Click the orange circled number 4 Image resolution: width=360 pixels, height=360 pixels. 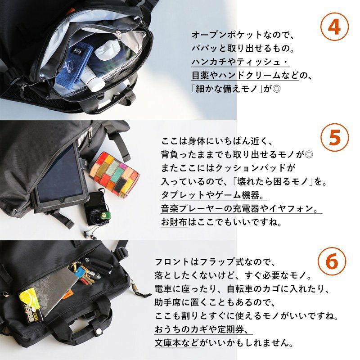(x=334, y=27)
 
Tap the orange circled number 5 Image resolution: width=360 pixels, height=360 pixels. (x=334, y=137)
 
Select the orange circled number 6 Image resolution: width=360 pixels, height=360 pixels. (x=332, y=261)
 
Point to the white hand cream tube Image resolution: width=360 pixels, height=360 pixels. (x=92, y=77)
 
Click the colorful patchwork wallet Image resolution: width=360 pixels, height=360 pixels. (x=114, y=174)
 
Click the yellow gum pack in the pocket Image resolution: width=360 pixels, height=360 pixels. (x=31, y=305)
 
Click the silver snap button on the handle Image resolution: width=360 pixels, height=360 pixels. (x=99, y=331)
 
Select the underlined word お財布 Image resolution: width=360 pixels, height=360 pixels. (x=174, y=222)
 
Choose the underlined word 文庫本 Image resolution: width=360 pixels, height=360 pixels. (x=167, y=343)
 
